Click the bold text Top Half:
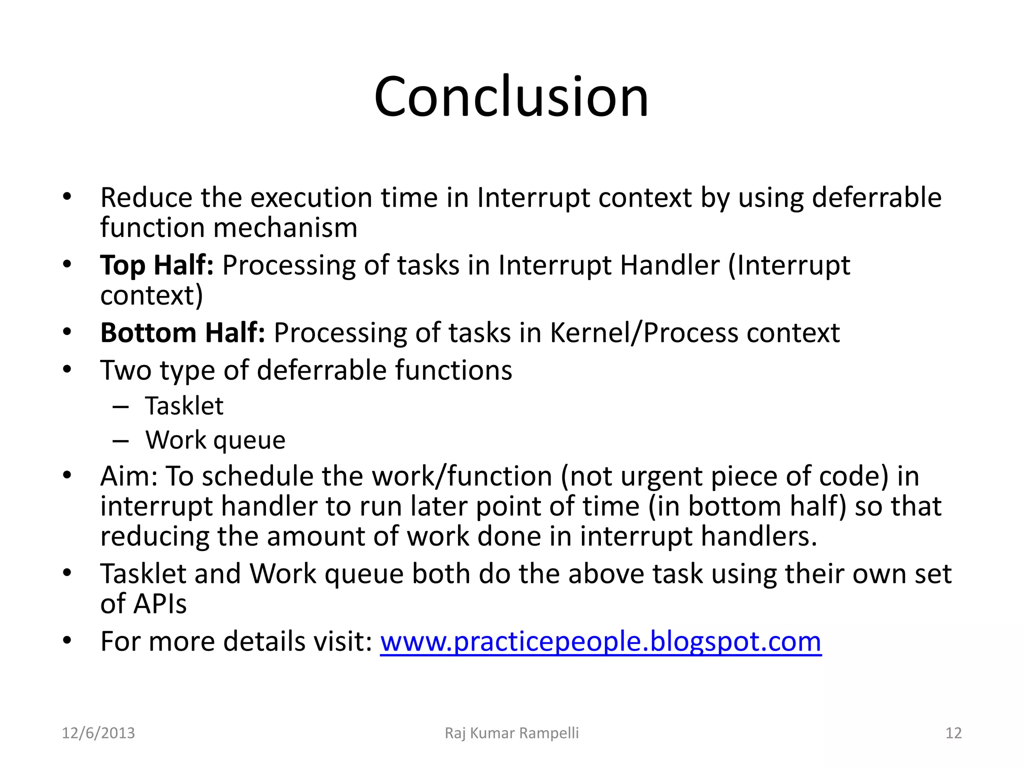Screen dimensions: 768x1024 point(156,265)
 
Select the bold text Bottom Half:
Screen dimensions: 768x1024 point(182,332)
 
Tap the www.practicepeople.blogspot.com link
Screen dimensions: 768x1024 point(600,641)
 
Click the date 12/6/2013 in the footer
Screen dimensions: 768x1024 point(98,733)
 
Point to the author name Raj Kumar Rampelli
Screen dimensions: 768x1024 point(511,733)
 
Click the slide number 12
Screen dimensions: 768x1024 point(953,733)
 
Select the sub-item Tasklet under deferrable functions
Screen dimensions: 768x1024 point(184,405)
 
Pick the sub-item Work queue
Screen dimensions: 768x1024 point(215,440)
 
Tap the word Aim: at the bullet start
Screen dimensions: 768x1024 point(129,476)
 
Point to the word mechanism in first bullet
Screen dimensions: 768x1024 point(285,228)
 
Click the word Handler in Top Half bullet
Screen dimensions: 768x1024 point(669,265)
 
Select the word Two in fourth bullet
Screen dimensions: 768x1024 point(125,370)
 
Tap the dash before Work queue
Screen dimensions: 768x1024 point(120,441)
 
